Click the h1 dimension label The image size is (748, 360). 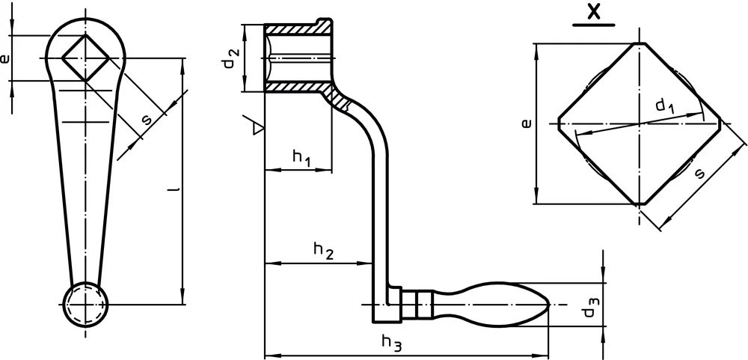click(301, 158)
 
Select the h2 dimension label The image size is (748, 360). click(323, 251)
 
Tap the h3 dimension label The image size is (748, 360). click(392, 343)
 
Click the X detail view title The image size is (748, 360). click(593, 11)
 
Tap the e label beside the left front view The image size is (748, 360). click(4, 58)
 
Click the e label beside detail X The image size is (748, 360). click(526, 123)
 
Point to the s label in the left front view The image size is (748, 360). click(147, 119)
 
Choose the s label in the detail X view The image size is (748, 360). click(699, 174)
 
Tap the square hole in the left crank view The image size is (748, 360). click(86, 58)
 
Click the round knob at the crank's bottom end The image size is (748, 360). click(86, 305)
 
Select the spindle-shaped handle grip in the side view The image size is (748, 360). click(491, 304)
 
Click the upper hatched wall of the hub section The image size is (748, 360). click(298, 28)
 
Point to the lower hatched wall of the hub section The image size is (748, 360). click(298, 86)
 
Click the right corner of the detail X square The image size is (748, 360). click(720, 123)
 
